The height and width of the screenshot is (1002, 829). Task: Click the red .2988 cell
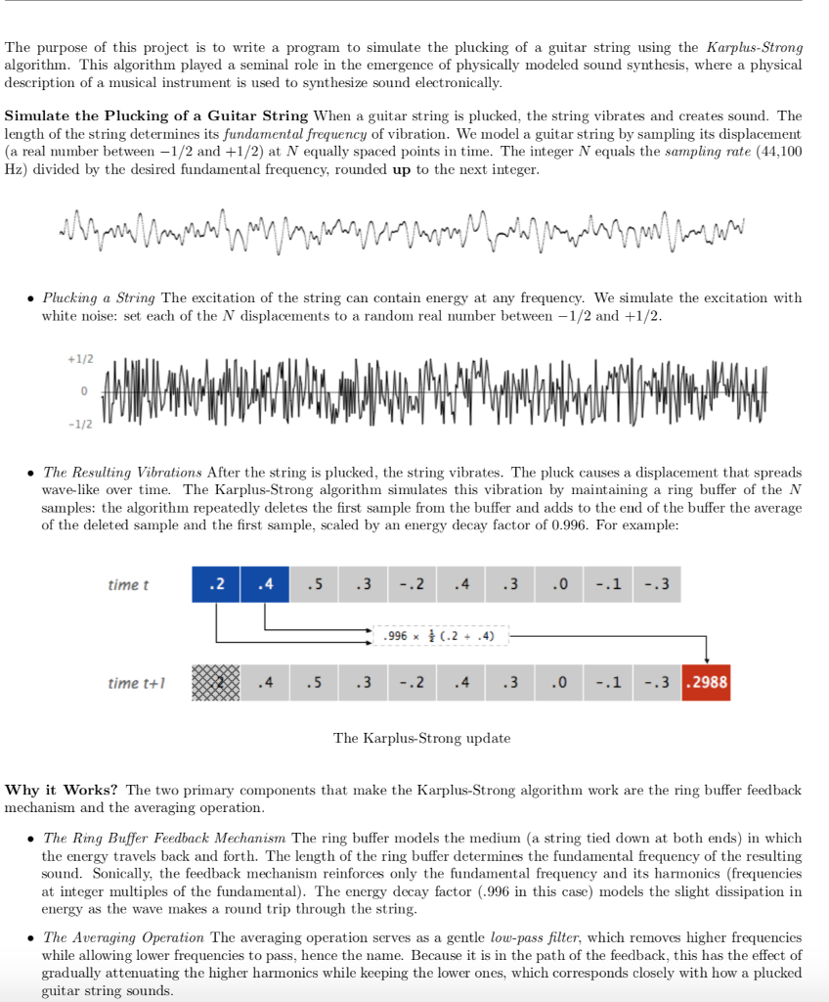(x=706, y=683)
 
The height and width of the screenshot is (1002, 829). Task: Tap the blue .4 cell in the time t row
(x=264, y=584)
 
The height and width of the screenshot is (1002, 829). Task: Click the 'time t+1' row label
(x=136, y=683)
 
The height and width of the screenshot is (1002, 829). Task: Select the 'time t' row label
(x=128, y=584)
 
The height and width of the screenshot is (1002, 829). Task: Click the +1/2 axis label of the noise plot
(x=81, y=359)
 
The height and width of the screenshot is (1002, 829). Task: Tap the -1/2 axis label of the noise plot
(x=81, y=424)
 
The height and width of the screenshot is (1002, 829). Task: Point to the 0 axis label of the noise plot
(x=84, y=391)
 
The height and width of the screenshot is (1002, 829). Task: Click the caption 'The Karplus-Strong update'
(x=421, y=738)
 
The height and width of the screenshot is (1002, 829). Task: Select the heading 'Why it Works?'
(x=63, y=790)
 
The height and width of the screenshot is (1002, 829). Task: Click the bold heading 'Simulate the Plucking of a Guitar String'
(x=156, y=115)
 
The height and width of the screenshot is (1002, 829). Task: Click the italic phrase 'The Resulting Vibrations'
(x=122, y=472)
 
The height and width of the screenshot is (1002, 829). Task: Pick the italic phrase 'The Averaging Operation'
(x=124, y=937)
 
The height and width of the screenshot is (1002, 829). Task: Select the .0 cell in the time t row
(x=558, y=584)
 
